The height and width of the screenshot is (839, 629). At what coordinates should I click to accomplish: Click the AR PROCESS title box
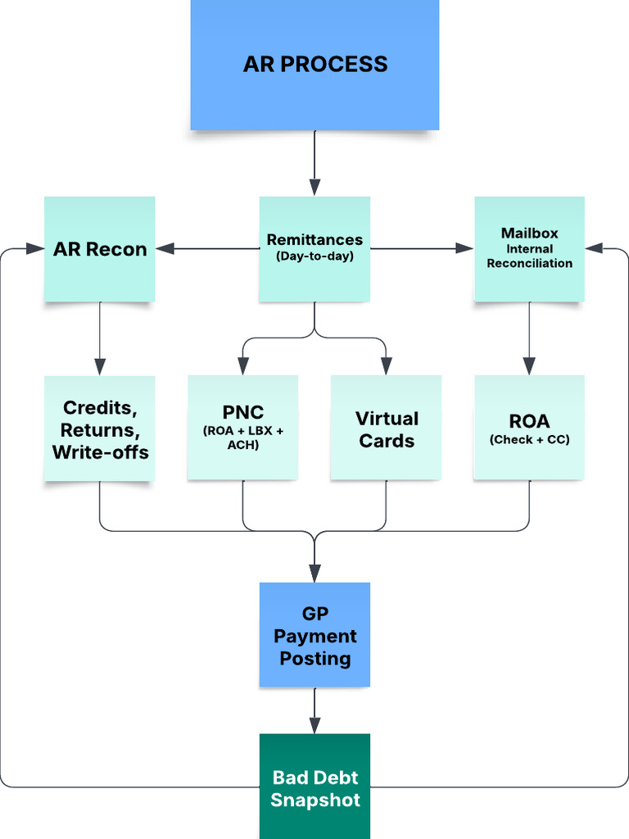pos(314,64)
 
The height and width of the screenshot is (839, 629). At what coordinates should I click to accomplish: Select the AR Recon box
pos(99,249)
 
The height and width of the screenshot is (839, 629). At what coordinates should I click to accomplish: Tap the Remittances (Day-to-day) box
pos(314,249)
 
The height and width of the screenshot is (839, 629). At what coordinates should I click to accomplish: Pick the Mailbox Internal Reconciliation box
pos(530,249)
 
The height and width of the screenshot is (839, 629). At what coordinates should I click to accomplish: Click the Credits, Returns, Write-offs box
pos(100,429)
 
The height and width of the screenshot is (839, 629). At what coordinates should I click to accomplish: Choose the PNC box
pos(242,427)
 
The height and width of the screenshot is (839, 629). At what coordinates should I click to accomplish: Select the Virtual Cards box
pos(386,429)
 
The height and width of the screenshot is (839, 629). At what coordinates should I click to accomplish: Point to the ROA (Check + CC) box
pos(529,427)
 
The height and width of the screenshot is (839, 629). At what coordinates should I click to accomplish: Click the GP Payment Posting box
pos(314,635)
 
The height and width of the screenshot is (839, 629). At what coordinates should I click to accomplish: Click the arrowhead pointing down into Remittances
pos(314,188)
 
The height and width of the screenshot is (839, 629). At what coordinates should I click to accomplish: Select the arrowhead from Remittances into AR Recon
pos(165,248)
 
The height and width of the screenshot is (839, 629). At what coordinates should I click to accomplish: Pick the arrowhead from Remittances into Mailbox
pos(465,248)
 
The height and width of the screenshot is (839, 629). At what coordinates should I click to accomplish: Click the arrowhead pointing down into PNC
pos(242,366)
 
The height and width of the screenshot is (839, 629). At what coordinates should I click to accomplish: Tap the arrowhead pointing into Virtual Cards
pos(386,366)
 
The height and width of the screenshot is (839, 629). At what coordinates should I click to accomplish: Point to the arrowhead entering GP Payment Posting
pos(314,574)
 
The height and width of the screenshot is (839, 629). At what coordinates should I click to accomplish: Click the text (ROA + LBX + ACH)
pos(242,438)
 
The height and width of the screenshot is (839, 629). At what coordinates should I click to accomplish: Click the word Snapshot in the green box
pos(315,800)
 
